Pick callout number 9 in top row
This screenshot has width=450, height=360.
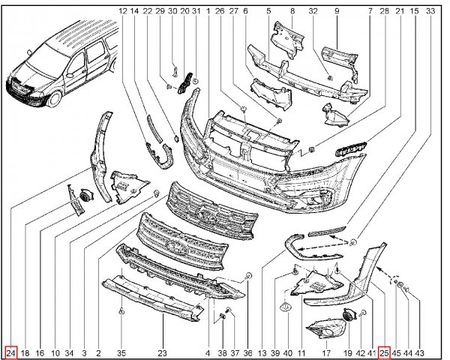click(x=337, y=11)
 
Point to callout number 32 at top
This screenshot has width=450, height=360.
click(x=313, y=11)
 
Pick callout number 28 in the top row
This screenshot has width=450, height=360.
click(x=384, y=11)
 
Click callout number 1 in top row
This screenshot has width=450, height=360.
click(x=208, y=11)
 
